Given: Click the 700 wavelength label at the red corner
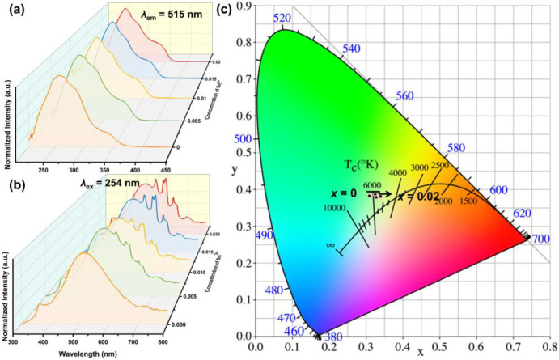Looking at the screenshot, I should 540,239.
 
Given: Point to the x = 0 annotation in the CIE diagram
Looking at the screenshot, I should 344,193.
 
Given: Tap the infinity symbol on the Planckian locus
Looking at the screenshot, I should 330,244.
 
